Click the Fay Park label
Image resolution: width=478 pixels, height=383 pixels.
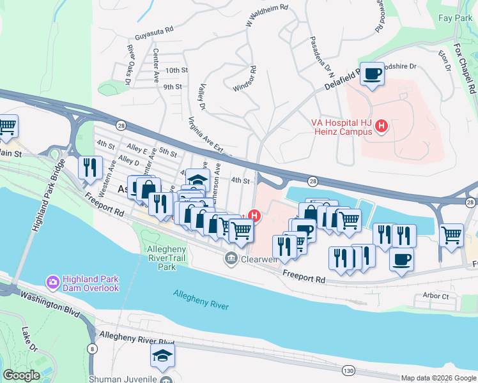(455, 19)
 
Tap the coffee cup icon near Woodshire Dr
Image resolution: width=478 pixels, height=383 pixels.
(372, 74)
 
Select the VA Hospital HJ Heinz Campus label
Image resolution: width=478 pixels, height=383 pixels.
(341, 126)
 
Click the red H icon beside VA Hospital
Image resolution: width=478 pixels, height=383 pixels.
(382, 126)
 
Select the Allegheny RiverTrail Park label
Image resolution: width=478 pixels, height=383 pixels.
(166, 258)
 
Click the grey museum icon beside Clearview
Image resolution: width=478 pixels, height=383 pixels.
(230, 259)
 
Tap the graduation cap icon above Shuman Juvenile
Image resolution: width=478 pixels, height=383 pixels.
(162, 356)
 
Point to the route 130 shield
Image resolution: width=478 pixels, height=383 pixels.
(348, 370)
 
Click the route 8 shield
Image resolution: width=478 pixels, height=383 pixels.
(93, 348)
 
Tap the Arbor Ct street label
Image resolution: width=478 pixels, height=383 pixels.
(436, 296)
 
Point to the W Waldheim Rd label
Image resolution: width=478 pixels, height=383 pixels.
(267, 15)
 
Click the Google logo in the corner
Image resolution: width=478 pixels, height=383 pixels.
(22, 375)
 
